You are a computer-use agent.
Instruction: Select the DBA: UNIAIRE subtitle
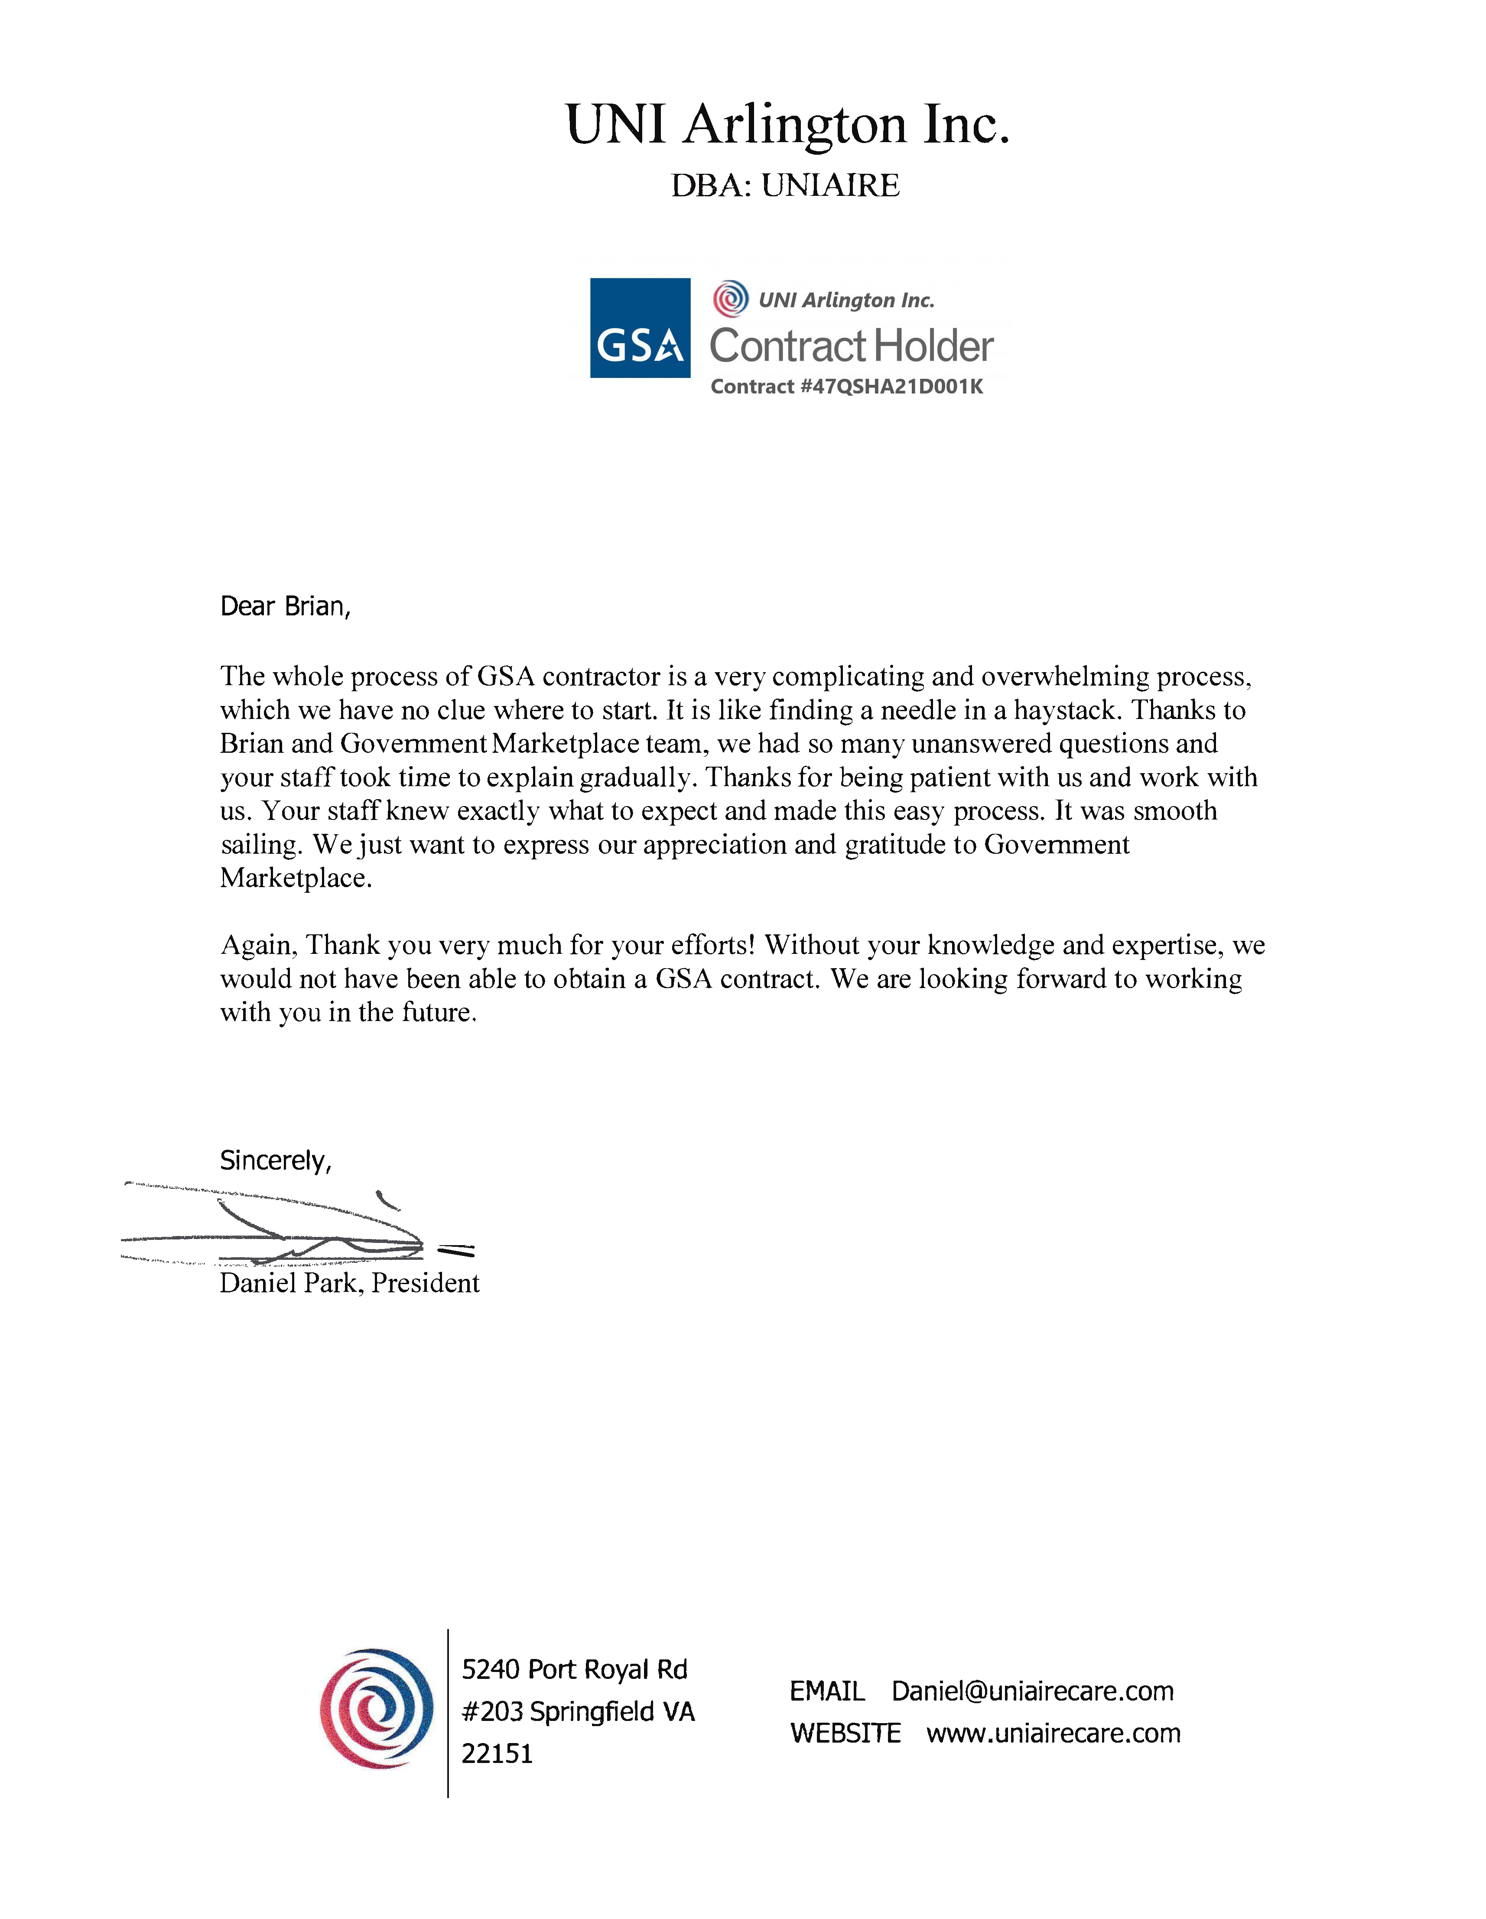point(785,185)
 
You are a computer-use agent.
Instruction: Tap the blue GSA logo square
point(640,328)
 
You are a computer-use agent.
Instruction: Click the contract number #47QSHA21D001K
point(890,387)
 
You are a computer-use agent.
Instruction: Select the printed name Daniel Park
point(290,1284)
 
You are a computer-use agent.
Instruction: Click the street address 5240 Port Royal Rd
point(574,1669)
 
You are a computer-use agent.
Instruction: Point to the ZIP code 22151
point(498,1754)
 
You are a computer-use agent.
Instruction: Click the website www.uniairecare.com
point(1053,1734)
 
